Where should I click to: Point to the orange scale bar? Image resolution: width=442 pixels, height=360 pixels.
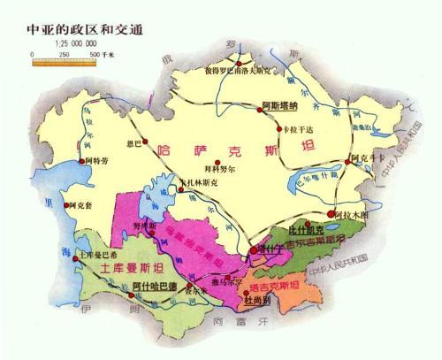(x=62, y=54)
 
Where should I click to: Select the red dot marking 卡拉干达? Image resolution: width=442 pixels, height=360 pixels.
(x=284, y=126)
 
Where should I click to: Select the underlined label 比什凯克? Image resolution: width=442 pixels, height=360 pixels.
(x=309, y=228)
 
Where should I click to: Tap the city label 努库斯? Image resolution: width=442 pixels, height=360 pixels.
(x=144, y=225)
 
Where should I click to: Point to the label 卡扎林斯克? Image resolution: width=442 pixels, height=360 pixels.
(x=197, y=184)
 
